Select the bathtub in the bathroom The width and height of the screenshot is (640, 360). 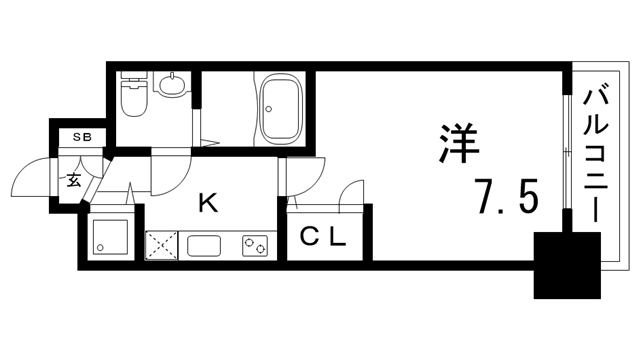283,109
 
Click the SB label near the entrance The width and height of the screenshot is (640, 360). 78,139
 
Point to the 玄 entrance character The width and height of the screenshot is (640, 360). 75,181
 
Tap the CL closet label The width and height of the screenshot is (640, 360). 323,238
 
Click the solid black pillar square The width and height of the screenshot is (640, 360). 566,266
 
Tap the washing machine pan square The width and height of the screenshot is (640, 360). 107,238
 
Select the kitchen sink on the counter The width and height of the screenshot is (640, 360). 206,244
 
